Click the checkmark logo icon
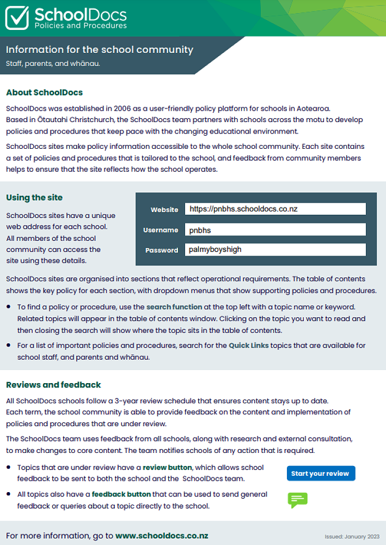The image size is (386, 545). [x=17, y=17]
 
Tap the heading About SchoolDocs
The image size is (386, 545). [x=44, y=92]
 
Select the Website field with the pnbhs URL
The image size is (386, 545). [x=275, y=209]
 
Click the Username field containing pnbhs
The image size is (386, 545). [x=275, y=230]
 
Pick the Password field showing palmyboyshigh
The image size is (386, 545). [x=275, y=250]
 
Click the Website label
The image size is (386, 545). [x=164, y=210]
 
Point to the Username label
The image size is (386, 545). [x=161, y=230]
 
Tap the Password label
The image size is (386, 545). [x=162, y=251]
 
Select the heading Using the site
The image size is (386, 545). [x=34, y=197]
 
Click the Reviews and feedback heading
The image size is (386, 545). [x=53, y=385]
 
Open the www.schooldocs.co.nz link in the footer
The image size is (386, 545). [x=161, y=535]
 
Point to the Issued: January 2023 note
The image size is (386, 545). [x=352, y=536]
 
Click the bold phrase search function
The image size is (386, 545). [x=174, y=307]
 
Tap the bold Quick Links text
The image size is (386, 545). [x=248, y=346]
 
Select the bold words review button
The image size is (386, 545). [x=167, y=468]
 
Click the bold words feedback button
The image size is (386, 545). [x=121, y=494]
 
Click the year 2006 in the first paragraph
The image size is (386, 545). [x=122, y=107]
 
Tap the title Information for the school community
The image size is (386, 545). [x=99, y=50]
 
